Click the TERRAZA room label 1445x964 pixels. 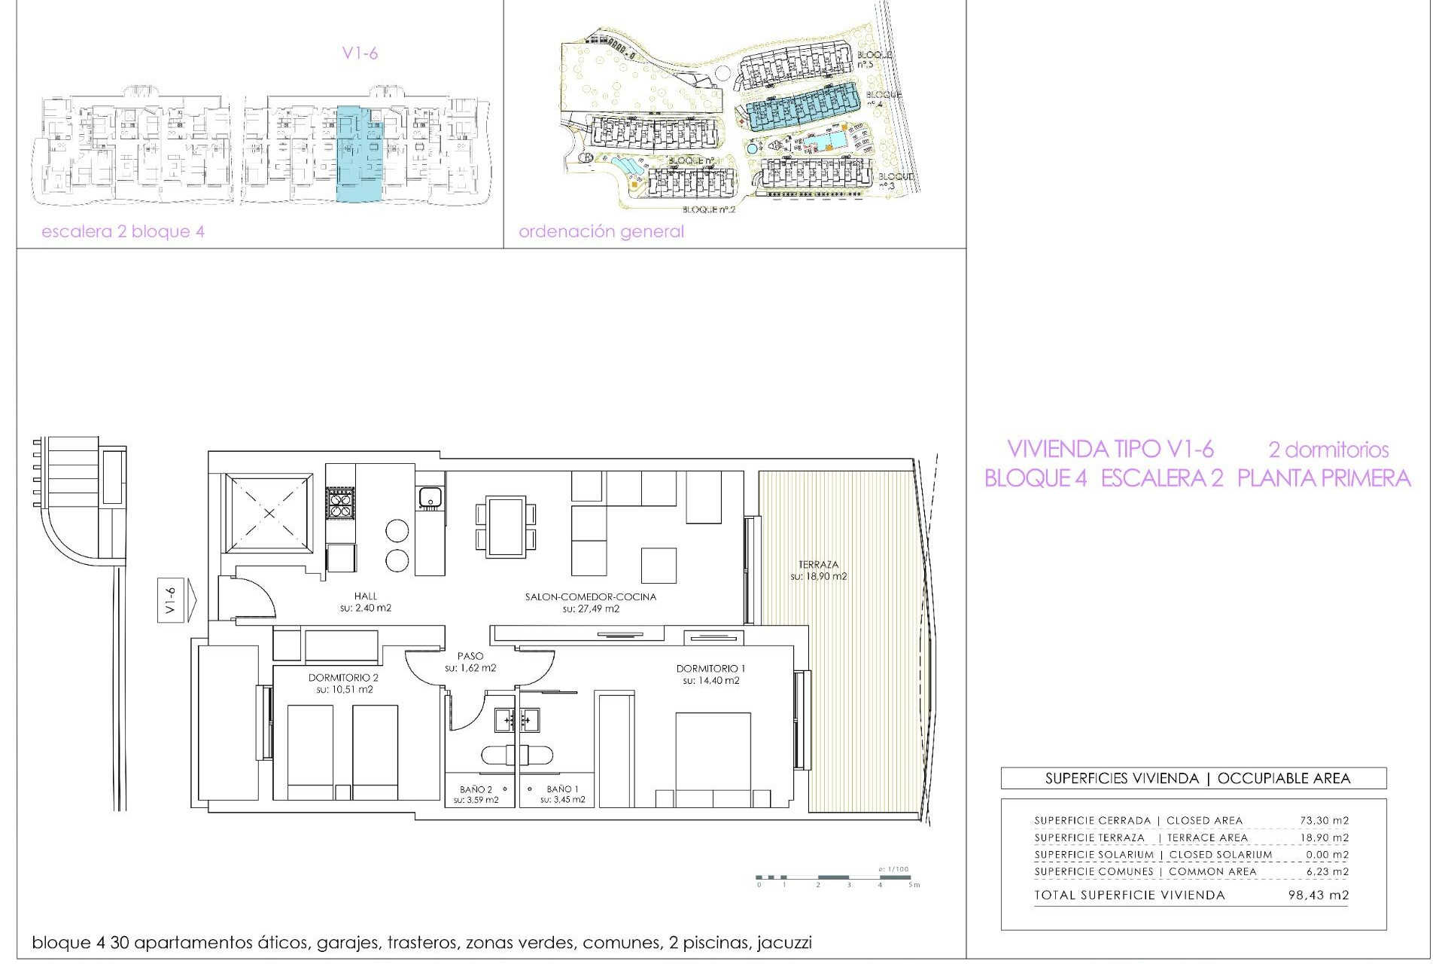[x=818, y=565]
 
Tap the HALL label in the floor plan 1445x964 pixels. [x=366, y=596]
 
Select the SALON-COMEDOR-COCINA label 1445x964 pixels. [x=591, y=596]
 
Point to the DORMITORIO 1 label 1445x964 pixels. [x=710, y=669]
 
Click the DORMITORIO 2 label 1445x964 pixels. [x=343, y=678]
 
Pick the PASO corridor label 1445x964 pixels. [x=470, y=656]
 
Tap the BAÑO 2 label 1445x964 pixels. [x=476, y=789]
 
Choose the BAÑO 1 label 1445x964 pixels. [x=562, y=789]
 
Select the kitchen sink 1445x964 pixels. [x=430, y=498]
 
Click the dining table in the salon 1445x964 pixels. [x=506, y=526]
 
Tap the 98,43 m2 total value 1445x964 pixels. [x=1319, y=895]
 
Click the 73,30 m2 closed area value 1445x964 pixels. [x=1324, y=820]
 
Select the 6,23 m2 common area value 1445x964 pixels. [x=1327, y=871]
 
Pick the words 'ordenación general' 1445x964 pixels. [x=601, y=232]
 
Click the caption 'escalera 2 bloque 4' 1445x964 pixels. [x=123, y=232]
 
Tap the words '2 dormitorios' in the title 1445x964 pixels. [x=1328, y=450]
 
